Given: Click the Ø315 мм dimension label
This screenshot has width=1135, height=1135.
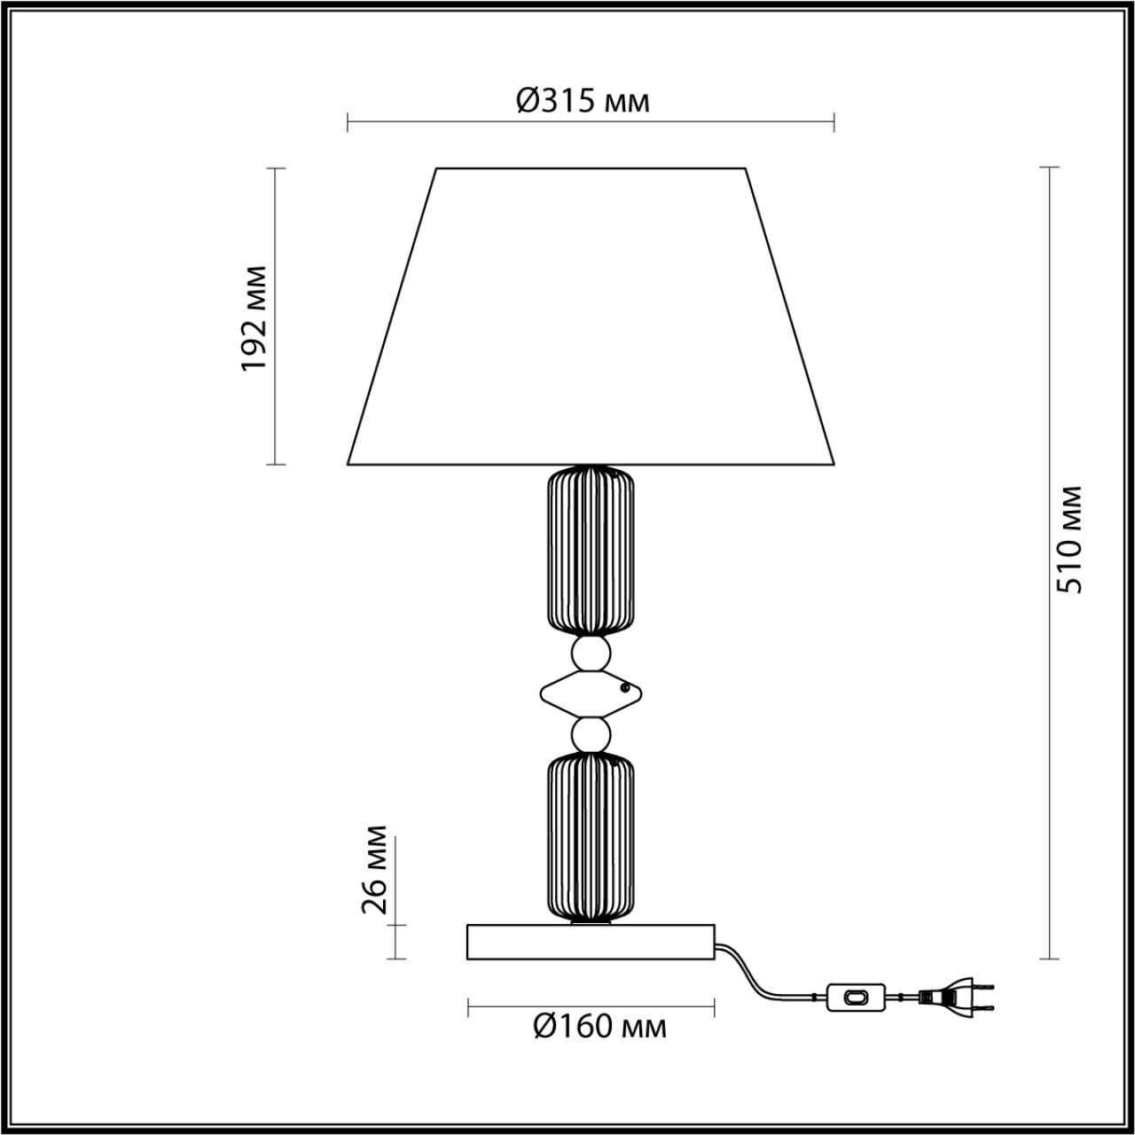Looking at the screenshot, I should (x=583, y=101).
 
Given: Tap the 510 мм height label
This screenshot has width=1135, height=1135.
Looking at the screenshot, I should (x=1073, y=539).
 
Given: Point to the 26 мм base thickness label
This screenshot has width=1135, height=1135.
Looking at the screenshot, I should (x=375, y=869).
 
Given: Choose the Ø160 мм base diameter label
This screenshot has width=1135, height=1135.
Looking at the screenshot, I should (x=599, y=1027).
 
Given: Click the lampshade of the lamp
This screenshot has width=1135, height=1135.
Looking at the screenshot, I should (x=591, y=319).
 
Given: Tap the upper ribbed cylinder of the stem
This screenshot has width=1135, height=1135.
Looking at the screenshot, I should (x=591, y=551).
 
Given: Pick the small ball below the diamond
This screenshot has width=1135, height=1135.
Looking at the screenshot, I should (x=591, y=734).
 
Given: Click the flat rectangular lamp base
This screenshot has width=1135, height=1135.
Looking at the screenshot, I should (x=591, y=942).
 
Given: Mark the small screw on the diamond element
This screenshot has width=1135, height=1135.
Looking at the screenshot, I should (x=625, y=686).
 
